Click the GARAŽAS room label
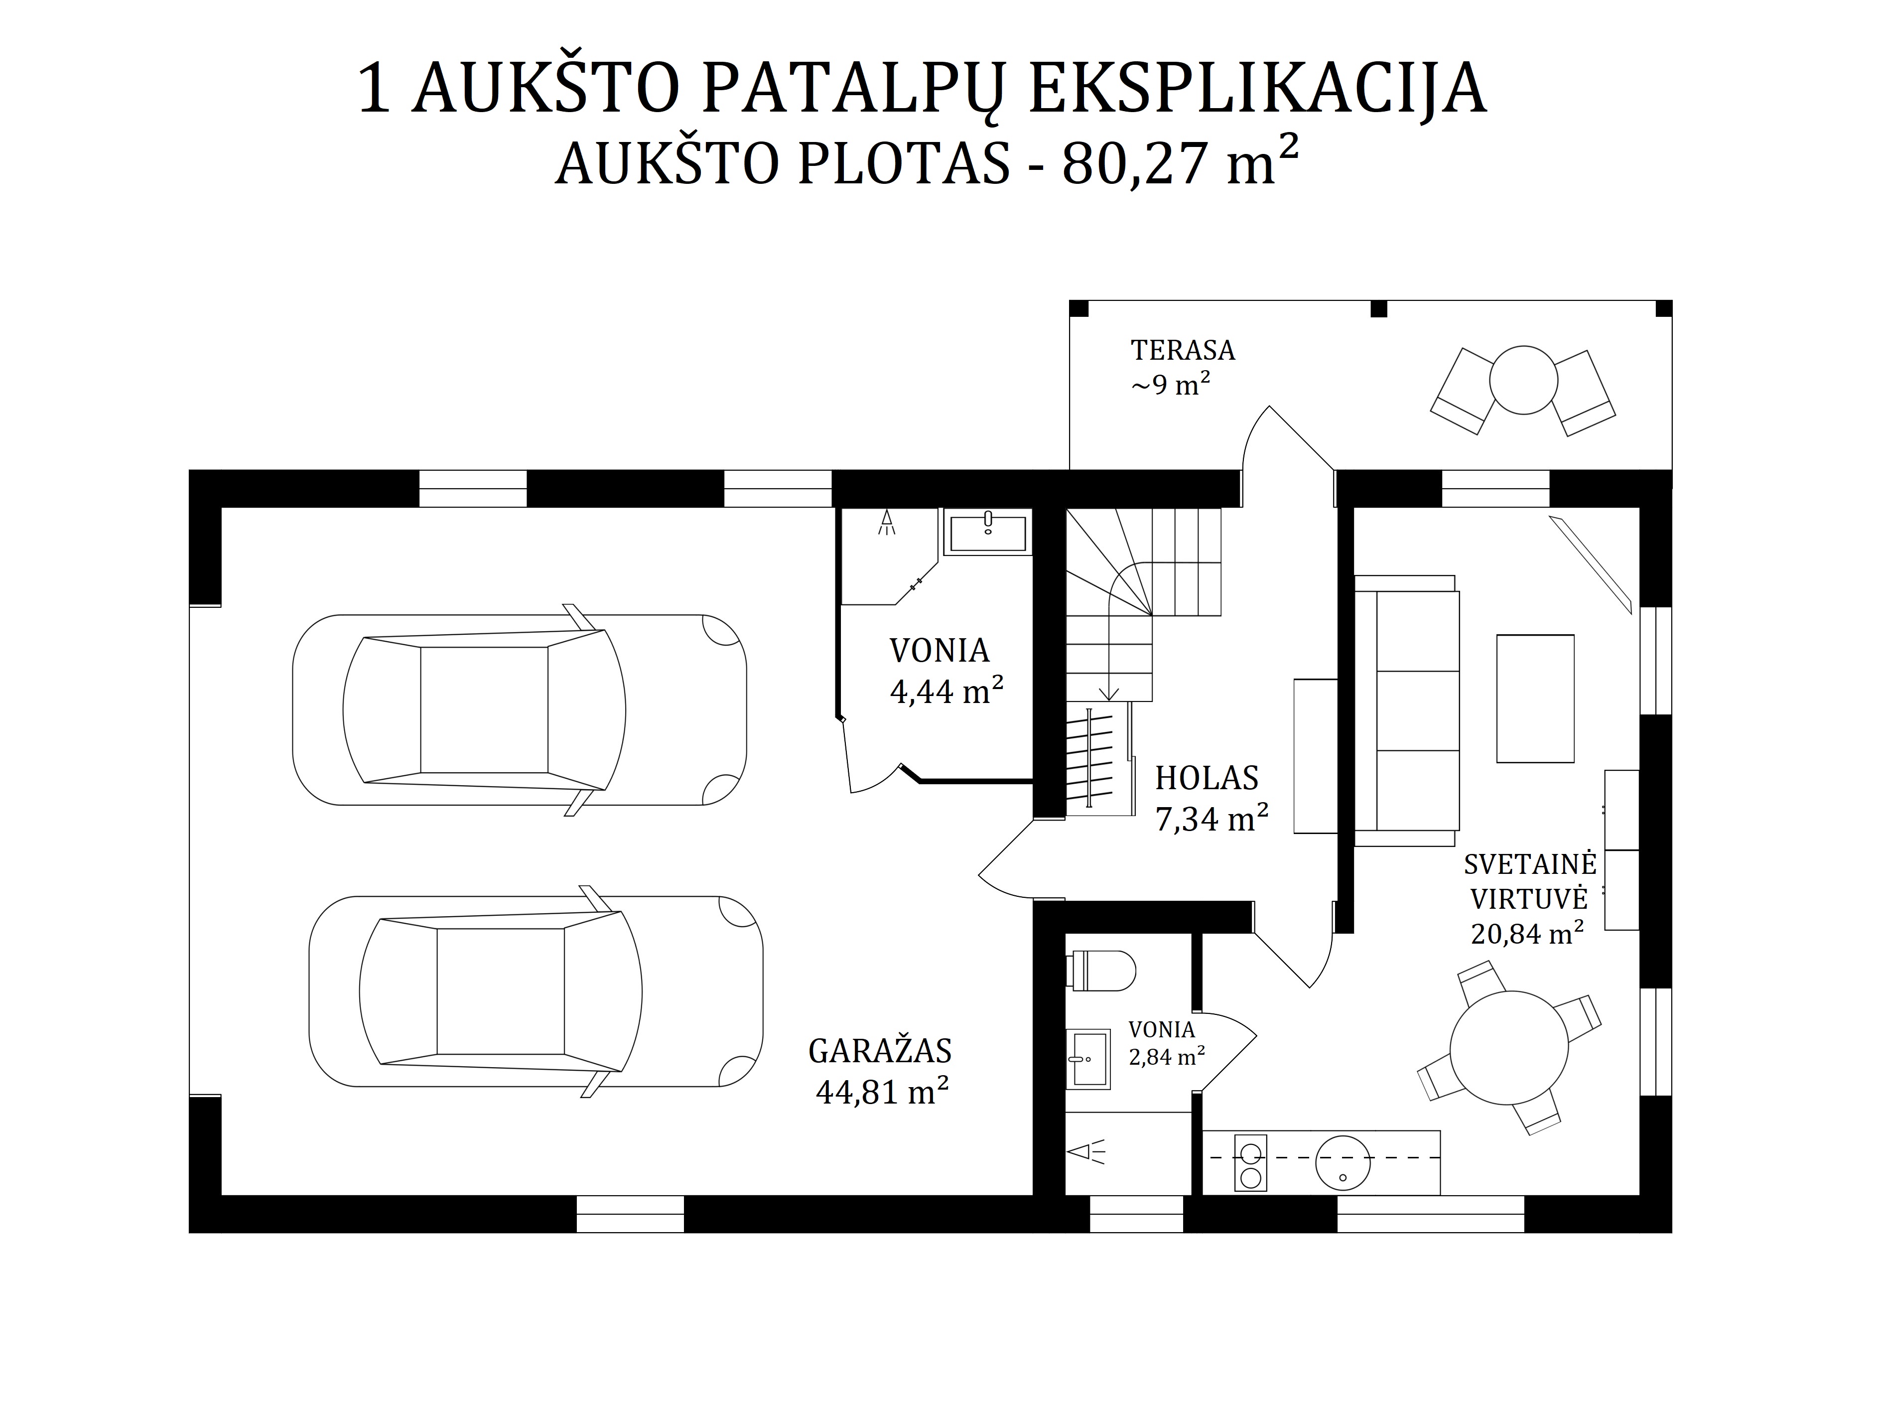(880, 1051)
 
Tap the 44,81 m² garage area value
(882, 1091)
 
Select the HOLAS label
(1207, 777)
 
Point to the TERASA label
(1182, 350)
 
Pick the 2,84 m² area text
(1167, 1057)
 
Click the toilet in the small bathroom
(1100, 971)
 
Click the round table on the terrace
(1523, 380)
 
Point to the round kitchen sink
(1343, 1163)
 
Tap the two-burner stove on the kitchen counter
(1250, 1163)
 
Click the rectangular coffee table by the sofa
(1535, 698)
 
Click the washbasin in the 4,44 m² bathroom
(988, 533)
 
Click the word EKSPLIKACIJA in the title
(1258, 88)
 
